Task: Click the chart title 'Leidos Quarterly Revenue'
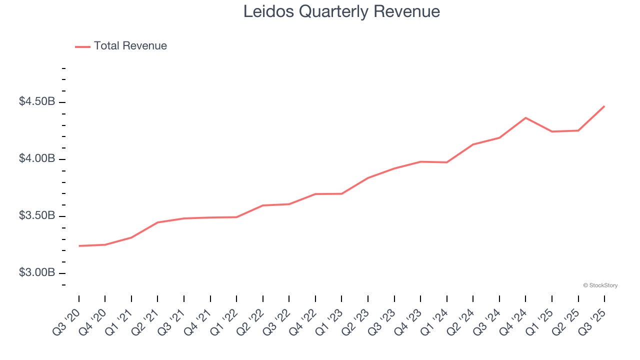pos(341,11)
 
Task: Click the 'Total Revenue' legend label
pos(130,46)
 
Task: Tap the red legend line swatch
pos(82,46)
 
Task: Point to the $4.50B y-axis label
pos(37,102)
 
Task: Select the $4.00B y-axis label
pos(37,159)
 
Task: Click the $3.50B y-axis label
pos(37,216)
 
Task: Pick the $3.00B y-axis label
pos(37,273)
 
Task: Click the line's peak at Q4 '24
pos(525,118)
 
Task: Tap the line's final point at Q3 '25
pos(604,106)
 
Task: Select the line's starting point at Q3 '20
pos(79,246)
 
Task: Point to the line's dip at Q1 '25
pos(552,131)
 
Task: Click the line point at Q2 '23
pos(368,178)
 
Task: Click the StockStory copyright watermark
pos(600,285)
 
